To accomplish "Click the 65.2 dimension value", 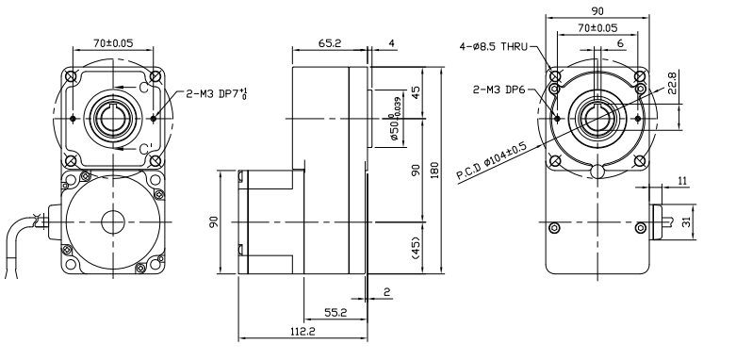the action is pos(330,43).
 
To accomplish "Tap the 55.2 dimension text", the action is pos(335,313).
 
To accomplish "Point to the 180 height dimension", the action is pos(434,170).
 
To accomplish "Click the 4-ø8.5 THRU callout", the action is pos(494,46).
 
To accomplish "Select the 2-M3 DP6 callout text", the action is pos(499,90).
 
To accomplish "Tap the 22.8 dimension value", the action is pos(672,83).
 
